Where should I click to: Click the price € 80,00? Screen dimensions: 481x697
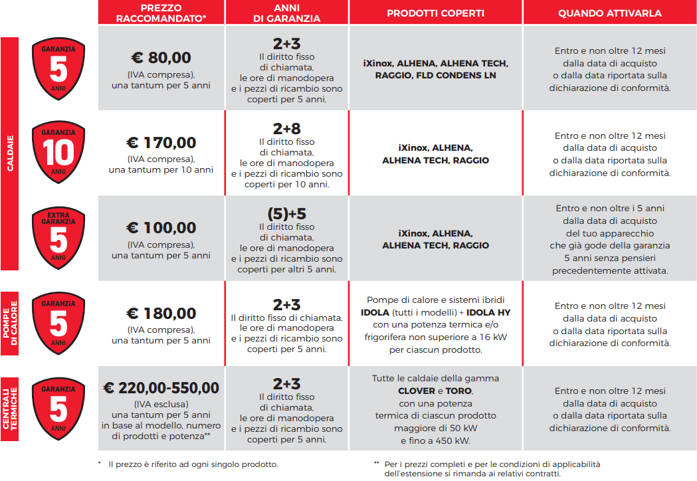[x=161, y=58]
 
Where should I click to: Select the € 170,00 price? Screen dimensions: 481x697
[x=161, y=143]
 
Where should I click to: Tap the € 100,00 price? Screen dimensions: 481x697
[x=161, y=229]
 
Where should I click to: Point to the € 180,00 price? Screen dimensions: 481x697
[x=161, y=314]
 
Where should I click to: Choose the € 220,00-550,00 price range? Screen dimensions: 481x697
[x=161, y=388]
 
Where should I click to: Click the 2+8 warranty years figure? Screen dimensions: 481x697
[x=287, y=129]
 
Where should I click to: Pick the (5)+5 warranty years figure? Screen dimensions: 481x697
[x=287, y=214]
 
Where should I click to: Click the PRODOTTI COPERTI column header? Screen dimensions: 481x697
[x=435, y=13]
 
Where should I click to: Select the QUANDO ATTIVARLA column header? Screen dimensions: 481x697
[x=609, y=13]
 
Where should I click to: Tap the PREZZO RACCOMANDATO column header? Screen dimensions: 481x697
[x=161, y=13]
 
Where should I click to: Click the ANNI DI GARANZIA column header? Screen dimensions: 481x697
[x=287, y=13]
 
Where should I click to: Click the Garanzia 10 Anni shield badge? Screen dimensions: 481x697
[x=58, y=153]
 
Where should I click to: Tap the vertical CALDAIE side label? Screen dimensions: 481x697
[x=10, y=153]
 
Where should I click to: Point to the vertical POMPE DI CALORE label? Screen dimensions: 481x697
[x=10, y=318]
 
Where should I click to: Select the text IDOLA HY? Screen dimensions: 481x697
[x=488, y=312]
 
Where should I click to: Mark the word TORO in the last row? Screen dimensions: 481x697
[x=458, y=391]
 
